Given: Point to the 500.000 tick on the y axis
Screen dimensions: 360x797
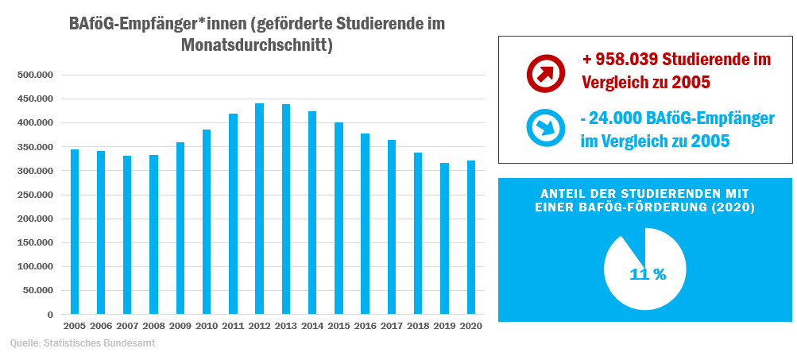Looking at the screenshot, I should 36,75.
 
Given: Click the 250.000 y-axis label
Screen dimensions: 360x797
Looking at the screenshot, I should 36,195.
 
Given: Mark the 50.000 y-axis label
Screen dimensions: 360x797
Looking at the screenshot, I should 38,290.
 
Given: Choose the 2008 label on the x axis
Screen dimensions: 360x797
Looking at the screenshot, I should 153,326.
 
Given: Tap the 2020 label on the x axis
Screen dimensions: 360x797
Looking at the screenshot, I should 470,326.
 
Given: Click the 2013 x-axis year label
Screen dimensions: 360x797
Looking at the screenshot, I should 285,326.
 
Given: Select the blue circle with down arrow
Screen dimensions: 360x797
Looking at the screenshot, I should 545,127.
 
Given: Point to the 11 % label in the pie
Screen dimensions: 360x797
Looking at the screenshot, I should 648,274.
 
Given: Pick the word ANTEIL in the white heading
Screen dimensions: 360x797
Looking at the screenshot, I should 562,194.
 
